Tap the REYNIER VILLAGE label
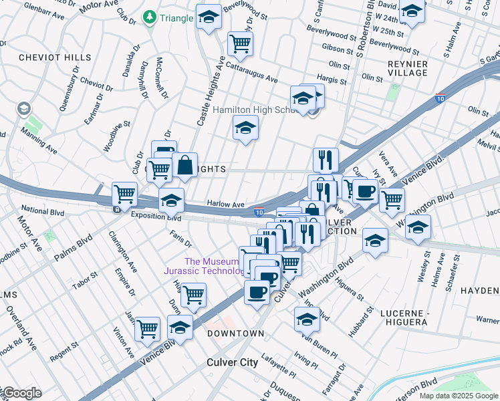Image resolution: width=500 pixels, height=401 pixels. point(407,68)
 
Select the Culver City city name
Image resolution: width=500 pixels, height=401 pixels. point(231,363)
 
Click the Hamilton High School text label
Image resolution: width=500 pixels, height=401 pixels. point(261,110)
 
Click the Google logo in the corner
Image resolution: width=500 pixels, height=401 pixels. point(21,393)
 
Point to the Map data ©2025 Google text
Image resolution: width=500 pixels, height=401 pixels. point(459,396)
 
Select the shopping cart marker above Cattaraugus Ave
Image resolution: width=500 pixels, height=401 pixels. point(240,44)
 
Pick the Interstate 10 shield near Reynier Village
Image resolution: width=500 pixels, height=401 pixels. point(440,98)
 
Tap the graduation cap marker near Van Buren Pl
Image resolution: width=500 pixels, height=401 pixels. point(306,320)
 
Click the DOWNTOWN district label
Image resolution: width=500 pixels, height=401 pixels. point(235,333)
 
